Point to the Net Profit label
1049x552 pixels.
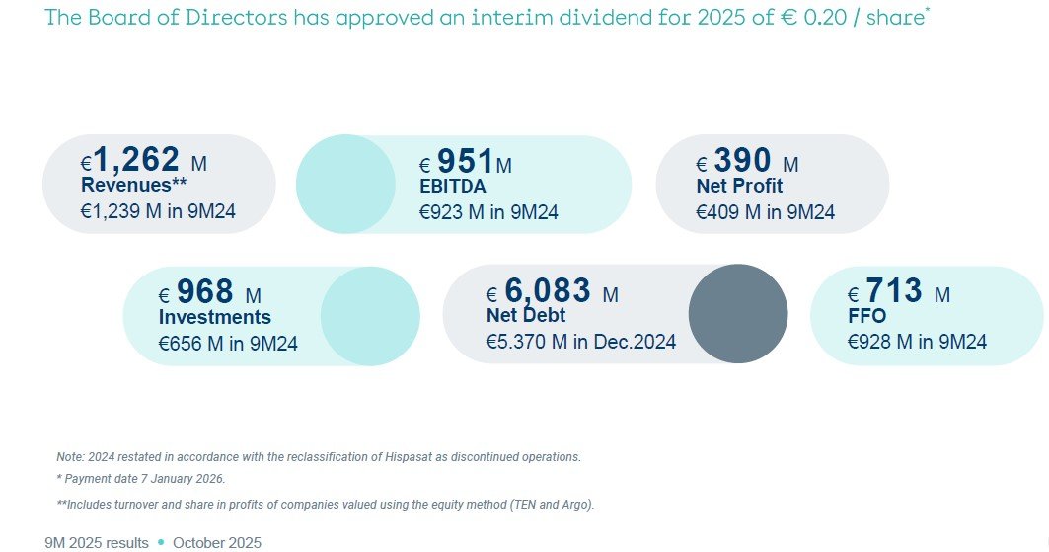[x=739, y=186]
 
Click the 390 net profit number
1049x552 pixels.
[x=741, y=160]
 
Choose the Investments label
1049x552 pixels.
[x=215, y=317]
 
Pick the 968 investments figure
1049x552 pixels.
[x=205, y=292]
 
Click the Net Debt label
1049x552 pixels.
[x=526, y=316]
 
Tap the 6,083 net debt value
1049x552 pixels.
[x=548, y=291]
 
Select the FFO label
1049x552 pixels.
[x=867, y=316]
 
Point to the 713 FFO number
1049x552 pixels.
[x=894, y=291]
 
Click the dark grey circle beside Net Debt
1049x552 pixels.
[x=737, y=314]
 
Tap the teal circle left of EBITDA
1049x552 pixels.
[x=344, y=185]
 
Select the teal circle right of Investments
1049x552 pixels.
[x=370, y=314]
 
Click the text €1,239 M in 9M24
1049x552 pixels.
[x=158, y=211]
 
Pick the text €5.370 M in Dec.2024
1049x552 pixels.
[x=581, y=342]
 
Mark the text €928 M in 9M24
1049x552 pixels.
[x=918, y=342]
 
